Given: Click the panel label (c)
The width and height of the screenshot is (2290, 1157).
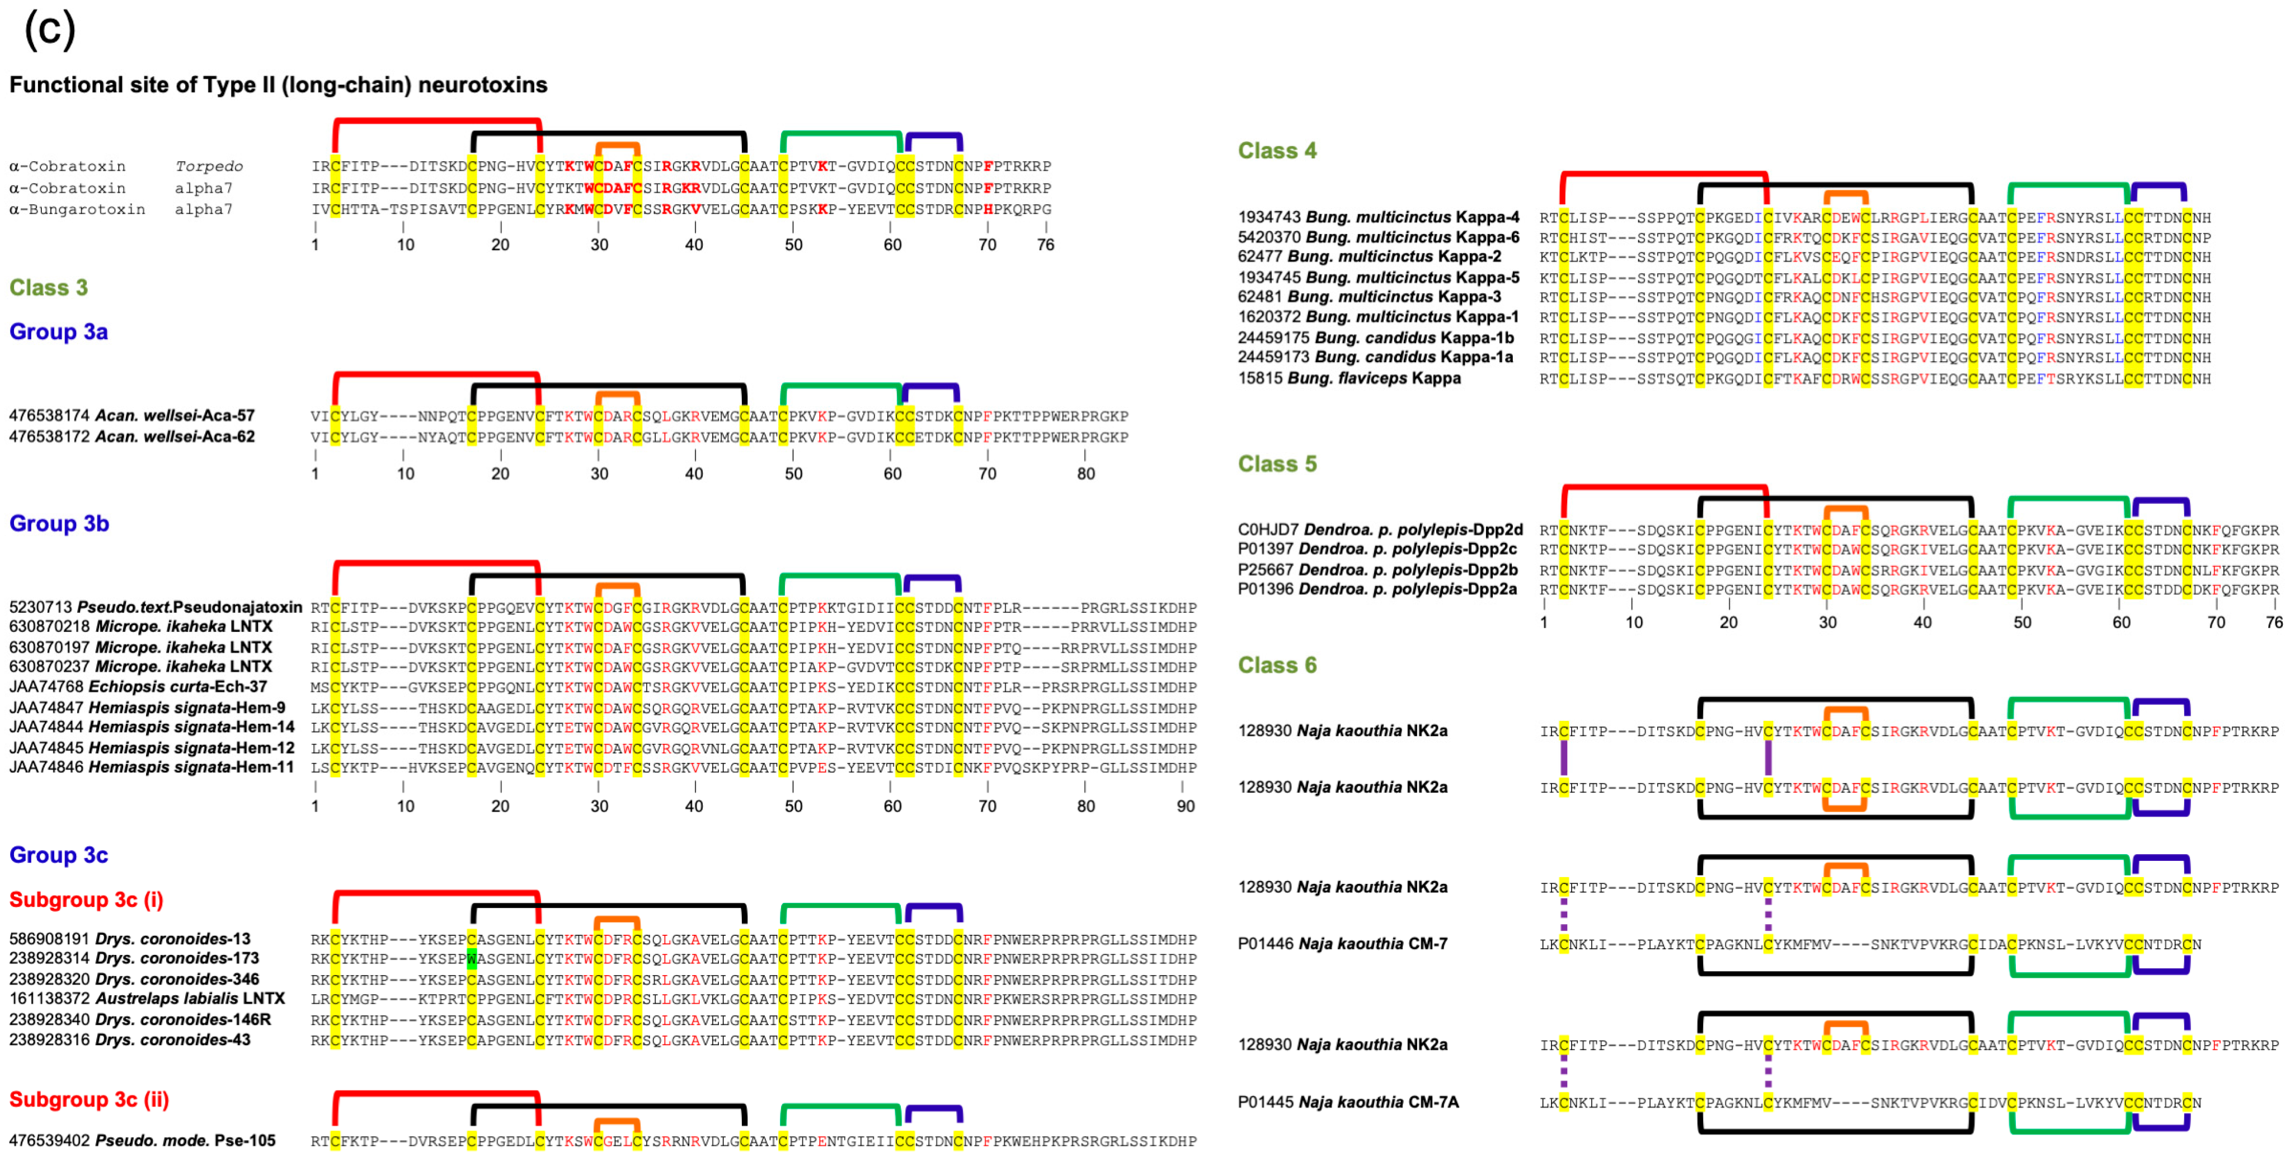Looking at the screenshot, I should (50, 29).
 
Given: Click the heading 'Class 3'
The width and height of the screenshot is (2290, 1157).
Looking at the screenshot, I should (48, 287).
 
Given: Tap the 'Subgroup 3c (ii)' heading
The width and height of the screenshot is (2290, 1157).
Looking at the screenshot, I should (89, 1099).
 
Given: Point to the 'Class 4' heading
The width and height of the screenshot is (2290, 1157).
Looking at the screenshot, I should (1277, 151).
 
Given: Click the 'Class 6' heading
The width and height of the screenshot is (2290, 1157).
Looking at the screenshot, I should (1277, 664).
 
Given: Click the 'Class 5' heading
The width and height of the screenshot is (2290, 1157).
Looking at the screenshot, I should (1277, 463).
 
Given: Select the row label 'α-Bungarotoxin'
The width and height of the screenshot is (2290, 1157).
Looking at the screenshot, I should (77, 209).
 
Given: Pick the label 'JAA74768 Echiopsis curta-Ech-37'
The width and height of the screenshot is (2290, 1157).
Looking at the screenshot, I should (138, 687).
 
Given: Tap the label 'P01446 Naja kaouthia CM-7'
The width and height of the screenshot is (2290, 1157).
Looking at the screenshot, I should (1342, 944).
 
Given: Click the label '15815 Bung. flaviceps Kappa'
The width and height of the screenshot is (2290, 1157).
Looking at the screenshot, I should (1348, 378).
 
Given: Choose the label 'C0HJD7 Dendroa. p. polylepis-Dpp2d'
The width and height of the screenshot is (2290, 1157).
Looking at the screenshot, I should (1380, 529).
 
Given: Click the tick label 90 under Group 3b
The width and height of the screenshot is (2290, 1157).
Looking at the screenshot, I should (1185, 805).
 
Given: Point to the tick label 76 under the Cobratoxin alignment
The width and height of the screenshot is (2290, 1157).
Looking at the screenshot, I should (1046, 245).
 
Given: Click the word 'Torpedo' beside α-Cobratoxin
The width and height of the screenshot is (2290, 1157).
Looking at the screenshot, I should (209, 166).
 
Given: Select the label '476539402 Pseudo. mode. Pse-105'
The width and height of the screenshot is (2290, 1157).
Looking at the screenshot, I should (142, 1140).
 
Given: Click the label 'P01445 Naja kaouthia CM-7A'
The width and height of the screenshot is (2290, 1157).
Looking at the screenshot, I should (1348, 1102).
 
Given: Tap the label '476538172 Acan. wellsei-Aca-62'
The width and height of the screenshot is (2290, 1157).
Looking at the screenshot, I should (131, 437).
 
